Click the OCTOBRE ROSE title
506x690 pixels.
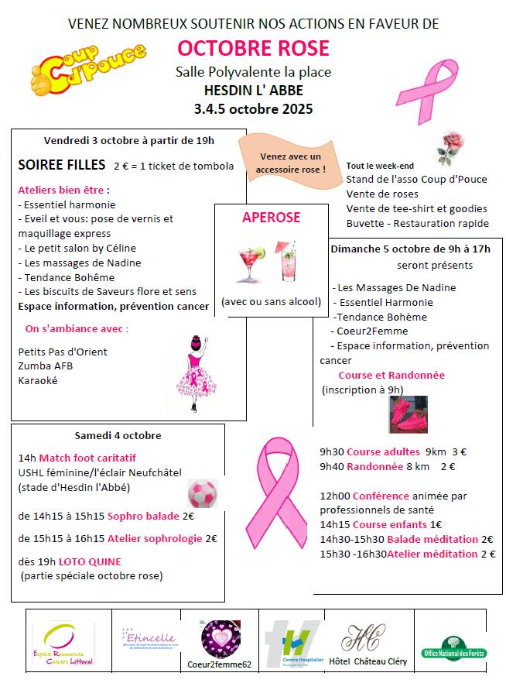tap(253, 49)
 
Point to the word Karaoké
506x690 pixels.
tap(38, 380)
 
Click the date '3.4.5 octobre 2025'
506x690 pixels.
tap(253, 108)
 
